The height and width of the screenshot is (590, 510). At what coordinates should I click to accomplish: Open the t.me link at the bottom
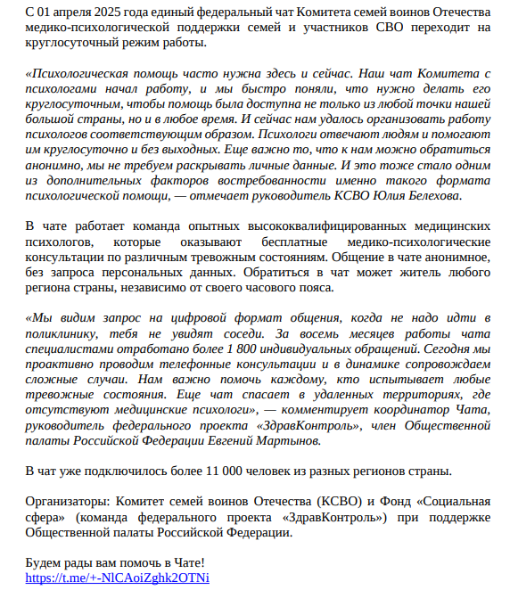tap(117, 578)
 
